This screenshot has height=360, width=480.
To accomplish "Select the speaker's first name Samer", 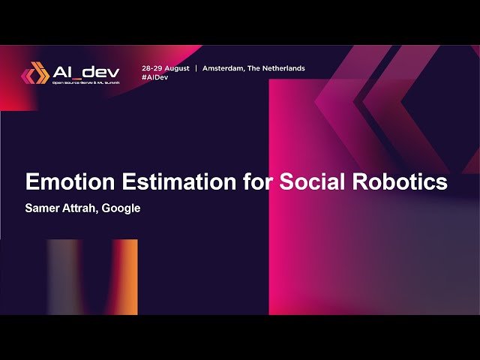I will pyautogui.click(x=43, y=208).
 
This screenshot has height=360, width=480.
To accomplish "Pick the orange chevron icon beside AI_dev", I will pyautogui.click(x=35, y=74).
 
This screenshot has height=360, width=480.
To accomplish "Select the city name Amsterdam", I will pyautogui.click(x=227, y=68).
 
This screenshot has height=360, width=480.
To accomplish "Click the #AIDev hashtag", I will pyautogui.click(x=154, y=77).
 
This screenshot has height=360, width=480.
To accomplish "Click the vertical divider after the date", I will pyautogui.click(x=196, y=68).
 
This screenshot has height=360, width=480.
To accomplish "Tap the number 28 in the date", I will pyautogui.click(x=146, y=68).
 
